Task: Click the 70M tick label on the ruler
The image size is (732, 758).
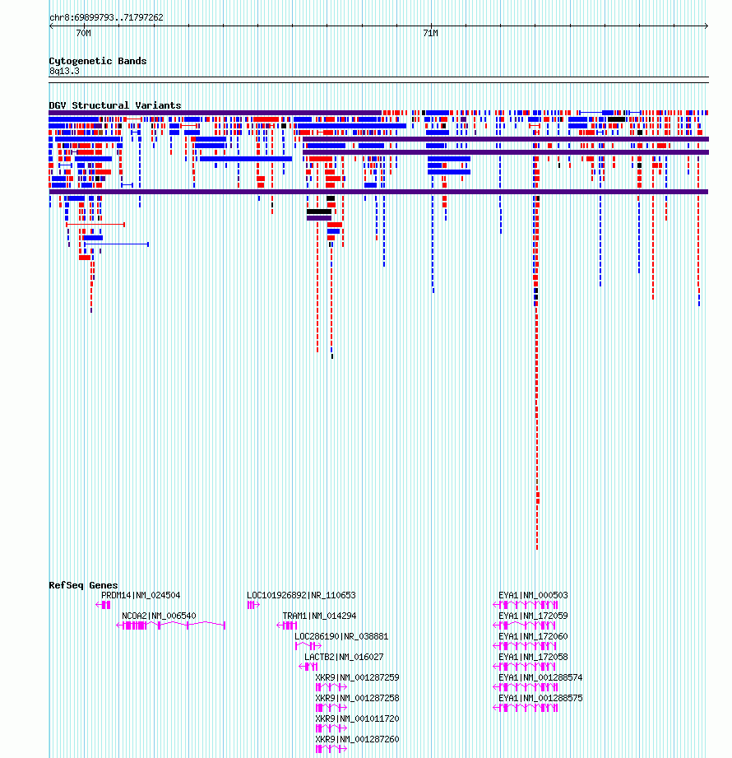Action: coord(84,34)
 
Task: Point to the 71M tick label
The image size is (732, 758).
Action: coord(430,34)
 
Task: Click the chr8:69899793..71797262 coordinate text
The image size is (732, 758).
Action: coord(106,18)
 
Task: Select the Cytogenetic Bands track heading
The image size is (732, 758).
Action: coord(98,61)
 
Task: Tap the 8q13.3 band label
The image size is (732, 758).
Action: coord(64,71)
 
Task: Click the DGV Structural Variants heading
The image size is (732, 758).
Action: coord(115,105)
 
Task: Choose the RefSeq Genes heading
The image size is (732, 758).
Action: coord(83,585)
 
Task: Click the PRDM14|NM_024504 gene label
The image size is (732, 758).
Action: coord(141,595)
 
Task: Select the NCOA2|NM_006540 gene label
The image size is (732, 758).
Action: coord(159,616)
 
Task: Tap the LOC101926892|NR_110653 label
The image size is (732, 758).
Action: coord(301,595)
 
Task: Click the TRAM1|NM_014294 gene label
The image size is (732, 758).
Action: coord(319,616)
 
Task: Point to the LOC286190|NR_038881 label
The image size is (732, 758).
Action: coord(341,637)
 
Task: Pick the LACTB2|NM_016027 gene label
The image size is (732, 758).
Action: coord(344,657)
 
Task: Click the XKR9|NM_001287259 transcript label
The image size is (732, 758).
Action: coord(357,677)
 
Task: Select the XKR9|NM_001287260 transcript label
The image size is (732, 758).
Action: coord(357,740)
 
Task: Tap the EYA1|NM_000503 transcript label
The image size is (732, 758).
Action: coord(533,595)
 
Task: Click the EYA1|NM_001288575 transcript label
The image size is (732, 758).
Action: coord(540,699)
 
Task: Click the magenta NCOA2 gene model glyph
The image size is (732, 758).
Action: coord(171,625)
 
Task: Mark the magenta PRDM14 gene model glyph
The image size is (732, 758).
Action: coord(103,605)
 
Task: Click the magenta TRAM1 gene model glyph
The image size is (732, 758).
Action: coord(286,625)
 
